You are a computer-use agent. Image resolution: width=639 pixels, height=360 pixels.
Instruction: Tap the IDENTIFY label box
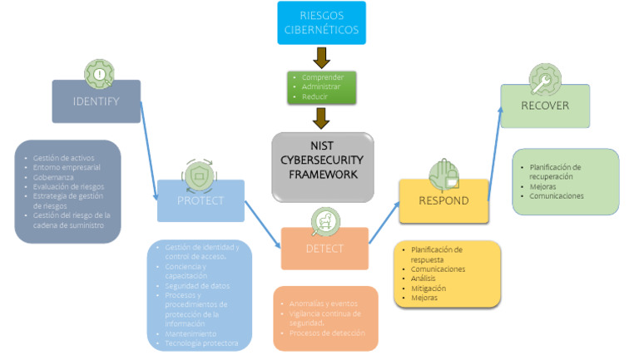97,101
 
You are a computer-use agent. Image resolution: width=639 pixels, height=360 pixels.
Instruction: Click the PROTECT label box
201,200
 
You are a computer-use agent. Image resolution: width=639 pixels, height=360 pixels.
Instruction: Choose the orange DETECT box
324,248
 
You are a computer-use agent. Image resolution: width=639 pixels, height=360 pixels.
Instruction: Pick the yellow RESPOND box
442,201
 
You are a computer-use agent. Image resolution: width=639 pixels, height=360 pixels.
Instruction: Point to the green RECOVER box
544,106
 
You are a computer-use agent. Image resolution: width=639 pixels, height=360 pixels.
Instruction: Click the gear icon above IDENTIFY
99,73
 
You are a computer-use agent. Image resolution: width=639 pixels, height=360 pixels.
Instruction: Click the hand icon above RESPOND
443,174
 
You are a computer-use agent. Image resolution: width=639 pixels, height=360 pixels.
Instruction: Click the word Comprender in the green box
323,77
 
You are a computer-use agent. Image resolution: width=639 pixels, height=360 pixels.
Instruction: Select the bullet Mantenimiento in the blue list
191,333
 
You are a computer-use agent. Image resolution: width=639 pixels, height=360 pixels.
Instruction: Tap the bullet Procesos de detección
327,333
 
